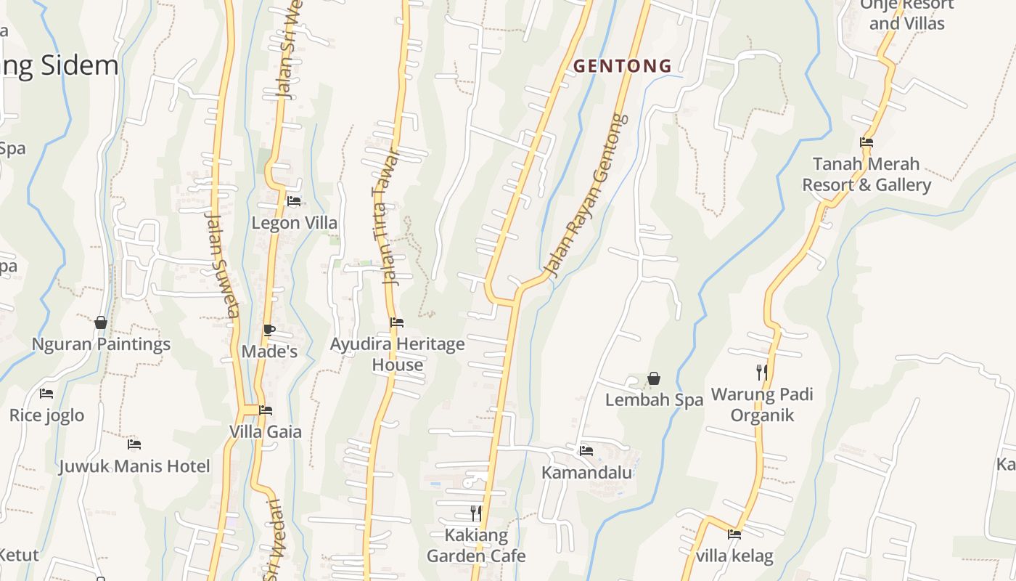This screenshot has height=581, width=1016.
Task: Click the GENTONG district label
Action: (x=623, y=66)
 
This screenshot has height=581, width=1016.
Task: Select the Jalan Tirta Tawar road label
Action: (x=385, y=218)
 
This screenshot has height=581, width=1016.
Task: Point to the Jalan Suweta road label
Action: (x=222, y=265)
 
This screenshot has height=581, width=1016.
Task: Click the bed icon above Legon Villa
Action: (x=294, y=201)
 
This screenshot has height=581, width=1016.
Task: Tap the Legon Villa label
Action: (x=294, y=223)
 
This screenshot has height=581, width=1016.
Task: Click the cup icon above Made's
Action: (x=269, y=330)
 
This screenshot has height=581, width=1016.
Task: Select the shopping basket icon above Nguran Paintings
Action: (x=101, y=322)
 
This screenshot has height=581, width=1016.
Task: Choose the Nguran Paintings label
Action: (x=101, y=344)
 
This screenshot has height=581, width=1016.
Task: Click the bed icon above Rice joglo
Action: (x=46, y=394)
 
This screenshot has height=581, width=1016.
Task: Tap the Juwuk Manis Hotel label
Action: (x=134, y=466)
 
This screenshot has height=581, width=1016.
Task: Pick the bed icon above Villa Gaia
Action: (x=266, y=410)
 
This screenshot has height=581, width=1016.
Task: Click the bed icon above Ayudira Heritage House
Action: (x=397, y=322)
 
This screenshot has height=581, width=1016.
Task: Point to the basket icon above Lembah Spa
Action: (x=654, y=378)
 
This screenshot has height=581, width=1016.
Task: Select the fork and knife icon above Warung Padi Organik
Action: (x=761, y=373)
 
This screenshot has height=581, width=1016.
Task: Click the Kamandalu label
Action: (x=587, y=473)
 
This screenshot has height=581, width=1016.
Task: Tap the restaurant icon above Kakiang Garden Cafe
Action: (x=475, y=513)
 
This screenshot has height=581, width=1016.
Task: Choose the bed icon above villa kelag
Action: (x=734, y=535)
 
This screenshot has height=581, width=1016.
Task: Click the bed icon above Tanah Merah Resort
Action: (x=866, y=142)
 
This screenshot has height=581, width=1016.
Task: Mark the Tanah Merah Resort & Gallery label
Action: (x=866, y=174)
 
